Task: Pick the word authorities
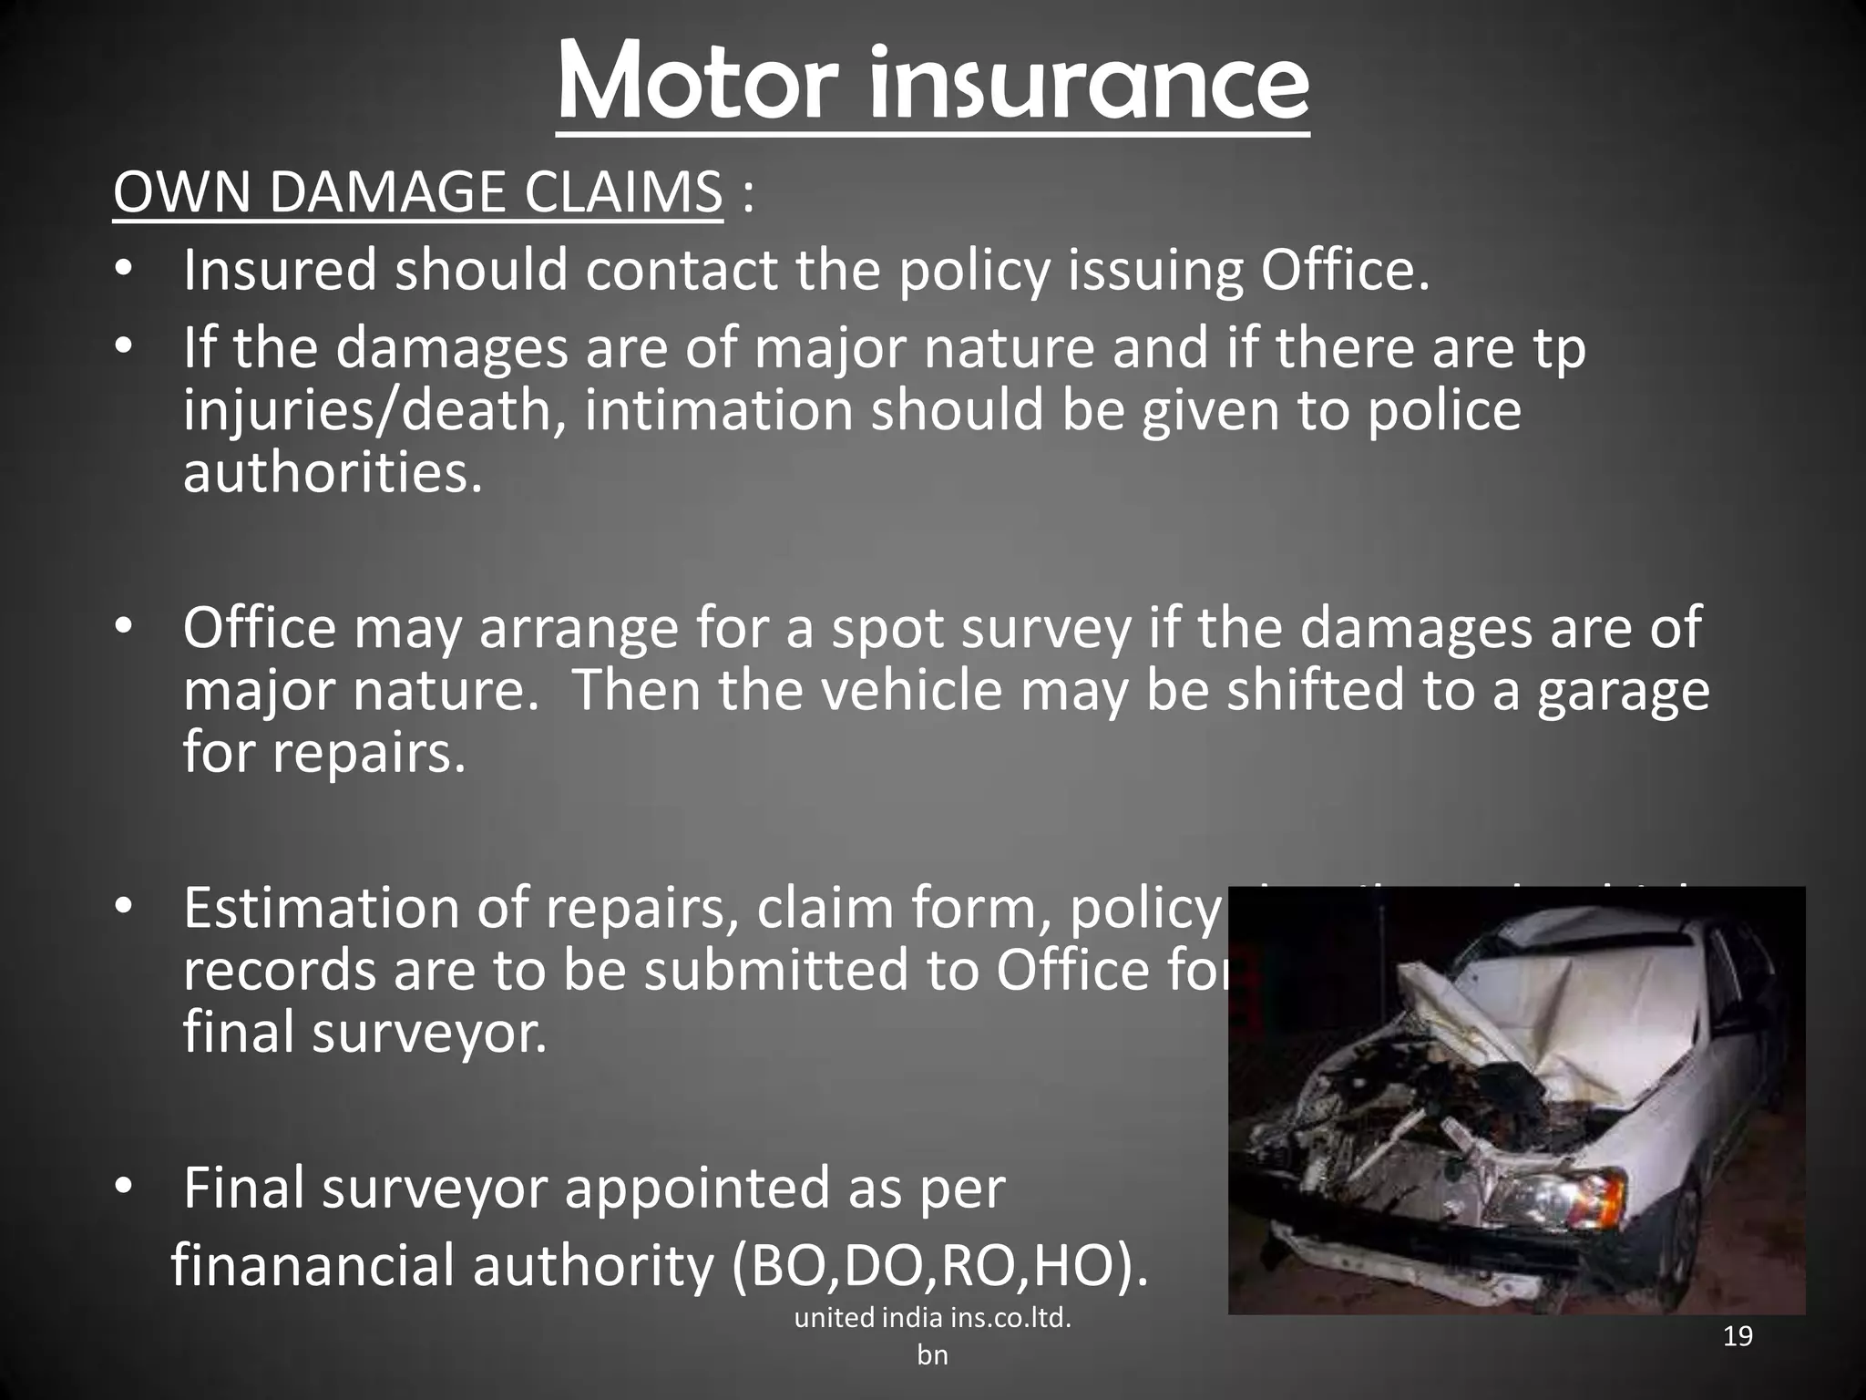coord(332,473)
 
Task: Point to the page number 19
coord(1738,1337)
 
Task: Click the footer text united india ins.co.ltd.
coord(932,1318)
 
